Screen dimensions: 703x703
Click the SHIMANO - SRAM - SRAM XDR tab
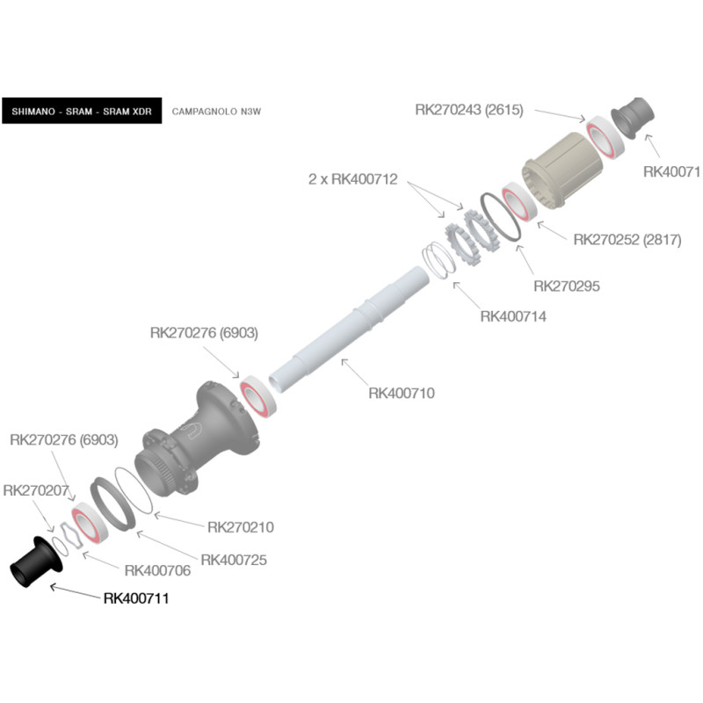point(82,111)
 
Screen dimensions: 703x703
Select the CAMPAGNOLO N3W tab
point(216,112)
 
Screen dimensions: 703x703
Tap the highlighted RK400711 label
point(136,598)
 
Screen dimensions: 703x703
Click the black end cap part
point(36,562)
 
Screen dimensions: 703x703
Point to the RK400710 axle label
point(402,393)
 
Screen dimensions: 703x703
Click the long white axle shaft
point(348,330)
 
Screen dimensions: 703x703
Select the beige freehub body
point(562,170)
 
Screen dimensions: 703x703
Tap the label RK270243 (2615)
point(469,110)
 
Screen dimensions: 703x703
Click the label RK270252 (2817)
point(627,240)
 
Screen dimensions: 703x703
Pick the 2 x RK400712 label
point(353,179)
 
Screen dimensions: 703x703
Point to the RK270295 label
point(566,286)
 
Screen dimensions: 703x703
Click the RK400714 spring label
point(513,316)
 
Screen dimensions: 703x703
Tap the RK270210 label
point(240,527)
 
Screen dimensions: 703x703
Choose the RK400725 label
point(234,560)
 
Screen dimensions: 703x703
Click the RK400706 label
point(157,570)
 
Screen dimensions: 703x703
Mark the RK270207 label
point(36,490)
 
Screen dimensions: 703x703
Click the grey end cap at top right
point(633,118)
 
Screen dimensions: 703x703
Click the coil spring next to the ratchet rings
point(438,260)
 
